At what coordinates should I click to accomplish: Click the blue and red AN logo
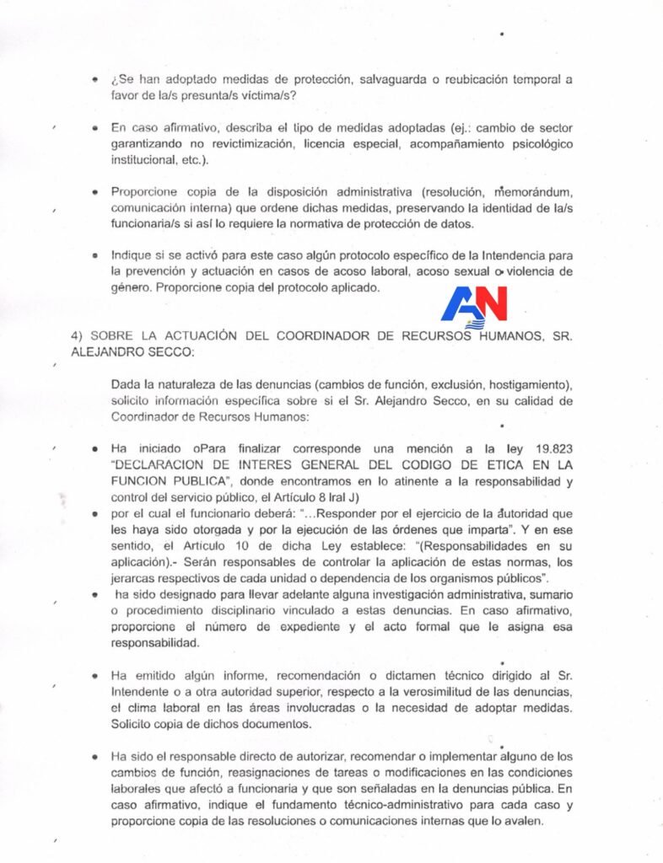pyautogui.click(x=473, y=305)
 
